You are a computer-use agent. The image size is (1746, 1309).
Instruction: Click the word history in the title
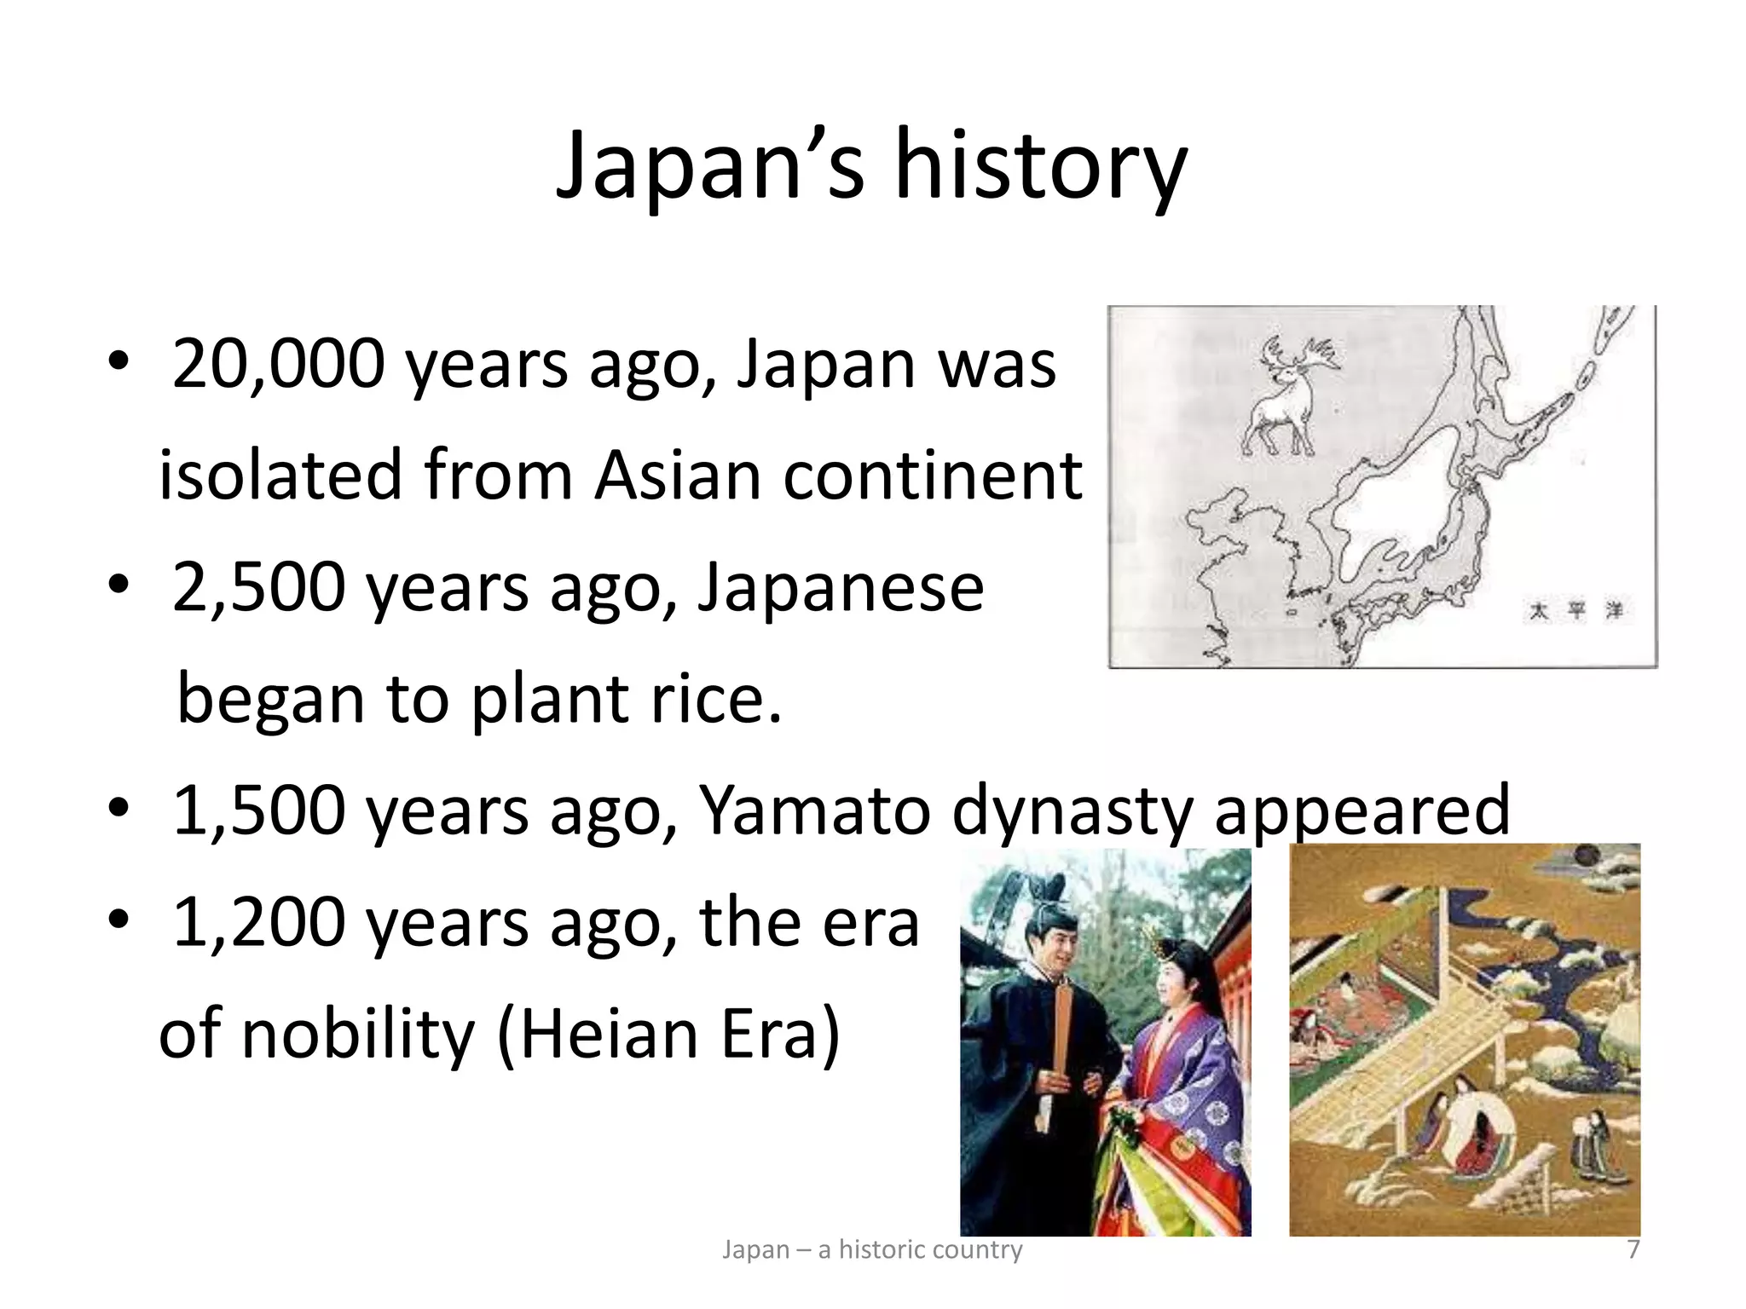(1040, 166)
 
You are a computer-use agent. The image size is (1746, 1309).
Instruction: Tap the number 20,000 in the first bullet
(278, 365)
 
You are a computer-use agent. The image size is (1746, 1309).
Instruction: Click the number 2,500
(258, 588)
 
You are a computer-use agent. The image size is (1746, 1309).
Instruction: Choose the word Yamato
(814, 810)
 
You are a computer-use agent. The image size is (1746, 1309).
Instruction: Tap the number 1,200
(258, 923)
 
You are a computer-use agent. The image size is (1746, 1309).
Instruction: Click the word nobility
(357, 1035)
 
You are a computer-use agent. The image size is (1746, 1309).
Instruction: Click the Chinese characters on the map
(1575, 611)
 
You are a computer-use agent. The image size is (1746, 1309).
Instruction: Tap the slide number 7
(1633, 1249)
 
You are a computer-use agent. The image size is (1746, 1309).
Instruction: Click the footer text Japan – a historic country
(872, 1249)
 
